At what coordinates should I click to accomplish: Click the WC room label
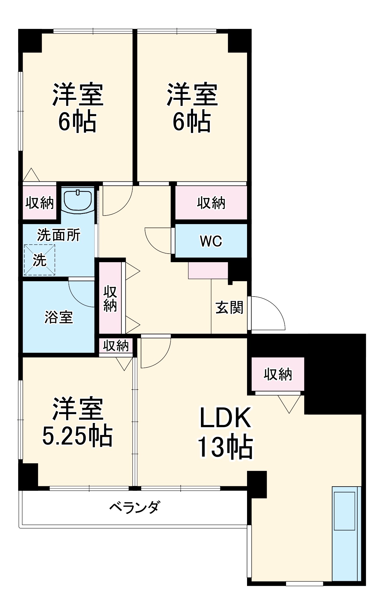tap(211, 241)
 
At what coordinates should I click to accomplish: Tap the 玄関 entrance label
tap(229, 307)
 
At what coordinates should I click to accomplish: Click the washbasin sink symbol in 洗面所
tap(77, 200)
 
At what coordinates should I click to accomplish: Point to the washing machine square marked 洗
tap(39, 260)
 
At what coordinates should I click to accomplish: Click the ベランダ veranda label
tap(135, 507)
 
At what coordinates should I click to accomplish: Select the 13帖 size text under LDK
tap(225, 447)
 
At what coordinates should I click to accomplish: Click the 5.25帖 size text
tap(77, 436)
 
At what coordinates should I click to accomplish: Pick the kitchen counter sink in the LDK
tap(344, 511)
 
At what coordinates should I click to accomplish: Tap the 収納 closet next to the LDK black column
tap(278, 374)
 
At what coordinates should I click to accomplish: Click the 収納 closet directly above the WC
tap(211, 203)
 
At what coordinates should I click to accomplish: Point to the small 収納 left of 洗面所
tap(39, 203)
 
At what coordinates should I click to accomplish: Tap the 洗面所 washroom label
tap(58, 235)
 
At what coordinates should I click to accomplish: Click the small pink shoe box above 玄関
tap(208, 270)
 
